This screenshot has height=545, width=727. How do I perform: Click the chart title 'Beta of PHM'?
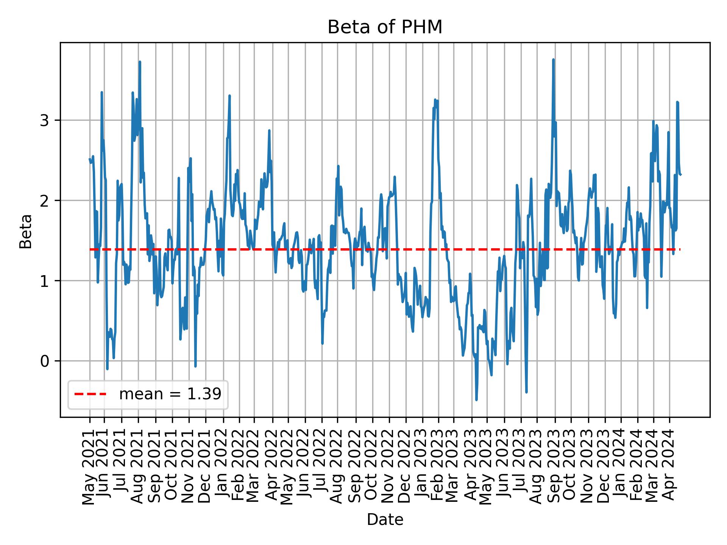[385, 27]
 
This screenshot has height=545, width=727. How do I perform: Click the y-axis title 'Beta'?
[26, 231]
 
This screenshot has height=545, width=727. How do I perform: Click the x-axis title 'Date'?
[385, 520]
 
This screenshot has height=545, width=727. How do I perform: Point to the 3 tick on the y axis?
[45, 120]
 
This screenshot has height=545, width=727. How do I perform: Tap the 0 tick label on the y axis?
[45, 361]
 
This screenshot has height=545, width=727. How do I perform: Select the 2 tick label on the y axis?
[45, 201]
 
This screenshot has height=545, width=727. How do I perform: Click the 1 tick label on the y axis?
[45, 281]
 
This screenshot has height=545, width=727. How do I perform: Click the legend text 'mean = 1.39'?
[170, 394]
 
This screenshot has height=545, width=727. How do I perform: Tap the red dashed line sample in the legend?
[90, 394]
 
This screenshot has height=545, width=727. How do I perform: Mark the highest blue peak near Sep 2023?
[553, 60]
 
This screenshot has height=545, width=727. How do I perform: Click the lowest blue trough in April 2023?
[476, 400]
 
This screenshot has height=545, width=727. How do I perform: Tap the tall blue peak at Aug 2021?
[140, 62]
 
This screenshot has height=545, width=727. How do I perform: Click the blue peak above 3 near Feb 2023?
[435, 100]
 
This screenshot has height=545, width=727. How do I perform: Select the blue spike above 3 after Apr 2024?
[677, 102]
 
